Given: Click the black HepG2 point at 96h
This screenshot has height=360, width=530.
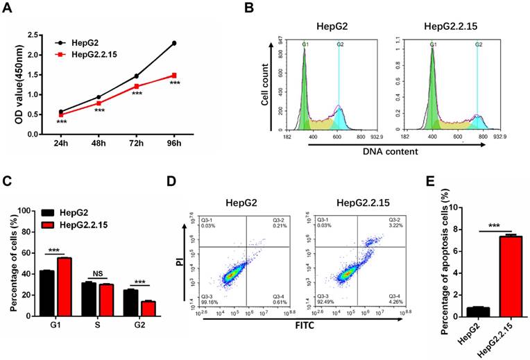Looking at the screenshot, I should click(174, 43).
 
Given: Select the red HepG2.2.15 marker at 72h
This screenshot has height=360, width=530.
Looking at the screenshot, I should click(137, 86).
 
